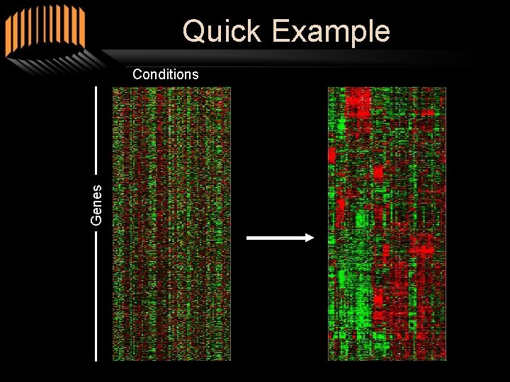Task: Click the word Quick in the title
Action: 222,32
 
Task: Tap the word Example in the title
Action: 330,32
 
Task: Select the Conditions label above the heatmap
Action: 166,74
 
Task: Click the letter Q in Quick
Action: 193,32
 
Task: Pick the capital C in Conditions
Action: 137,74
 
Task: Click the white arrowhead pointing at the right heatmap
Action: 307,238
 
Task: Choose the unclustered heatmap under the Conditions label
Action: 171,224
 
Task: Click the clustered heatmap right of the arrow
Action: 387,224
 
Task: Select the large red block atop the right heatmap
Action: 358,102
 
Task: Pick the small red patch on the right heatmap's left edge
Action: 331,154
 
